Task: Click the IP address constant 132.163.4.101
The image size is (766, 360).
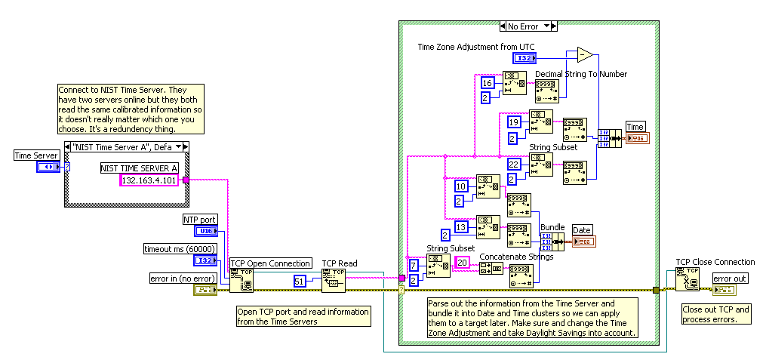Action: [149, 180]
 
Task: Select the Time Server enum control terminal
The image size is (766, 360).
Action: [49, 167]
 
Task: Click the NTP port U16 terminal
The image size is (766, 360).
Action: [205, 231]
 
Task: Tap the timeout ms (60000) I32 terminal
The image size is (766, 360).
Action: [205, 260]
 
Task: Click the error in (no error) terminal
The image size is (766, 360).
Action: [205, 290]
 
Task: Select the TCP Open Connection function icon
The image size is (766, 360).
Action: [241, 281]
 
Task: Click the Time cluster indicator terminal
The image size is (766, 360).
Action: [636, 138]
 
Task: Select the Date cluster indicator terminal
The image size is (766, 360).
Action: [583, 242]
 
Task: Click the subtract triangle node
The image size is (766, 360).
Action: [584, 54]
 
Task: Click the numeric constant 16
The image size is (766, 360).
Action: [488, 83]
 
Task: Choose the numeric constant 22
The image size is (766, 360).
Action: [514, 164]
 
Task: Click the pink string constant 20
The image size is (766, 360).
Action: [462, 262]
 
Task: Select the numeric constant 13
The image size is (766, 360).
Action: [461, 226]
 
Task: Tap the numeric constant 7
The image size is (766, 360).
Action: [414, 265]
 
